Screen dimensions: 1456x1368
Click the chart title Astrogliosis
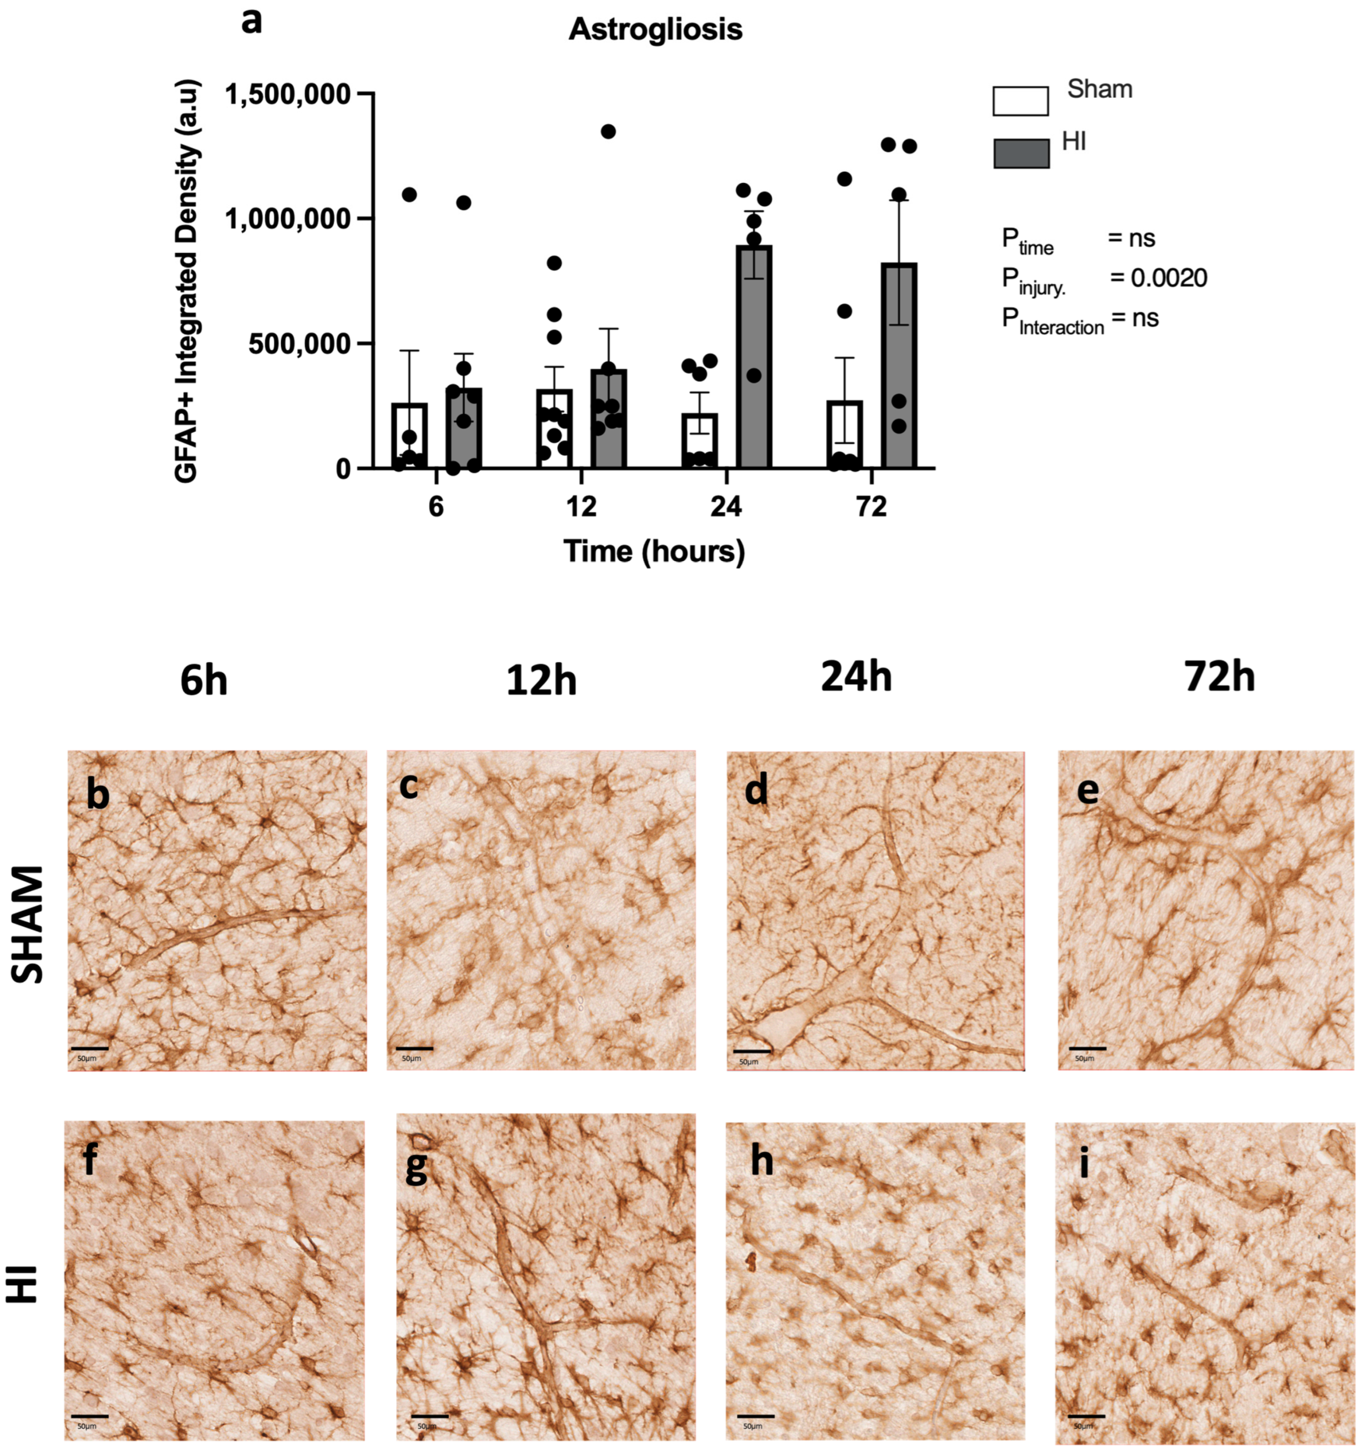click(655, 30)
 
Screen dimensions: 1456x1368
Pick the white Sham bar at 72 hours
click(845, 436)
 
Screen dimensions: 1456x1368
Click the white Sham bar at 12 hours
click(554, 432)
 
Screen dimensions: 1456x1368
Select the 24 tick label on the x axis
click(726, 507)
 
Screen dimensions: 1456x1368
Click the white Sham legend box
click(1020, 101)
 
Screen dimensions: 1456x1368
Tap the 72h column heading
click(1219, 678)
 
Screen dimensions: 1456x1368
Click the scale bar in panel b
click(90, 1049)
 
